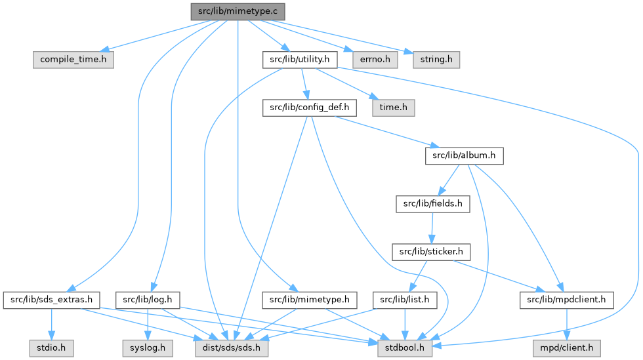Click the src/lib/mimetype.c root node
(238, 11)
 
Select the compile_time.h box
(73, 60)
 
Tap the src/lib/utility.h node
(300, 60)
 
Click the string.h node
(432, 60)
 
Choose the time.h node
(394, 108)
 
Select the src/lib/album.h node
(465, 156)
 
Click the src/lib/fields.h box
(433, 204)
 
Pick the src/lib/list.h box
(405, 300)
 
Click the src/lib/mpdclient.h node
(567, 300)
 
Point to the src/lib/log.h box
(148, 300)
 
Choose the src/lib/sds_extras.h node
(52, 300)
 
